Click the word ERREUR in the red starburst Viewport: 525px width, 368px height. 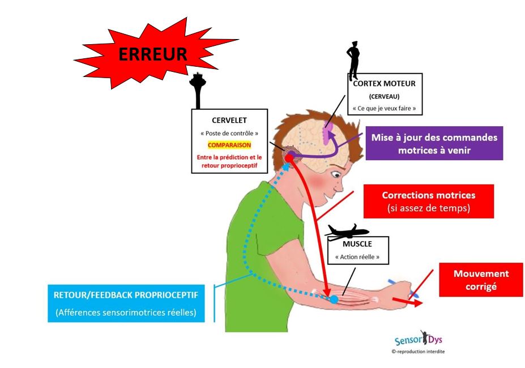click(152, 54)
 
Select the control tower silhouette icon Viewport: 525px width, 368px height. click(197, 91)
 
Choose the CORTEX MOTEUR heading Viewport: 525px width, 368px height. click(384, 83)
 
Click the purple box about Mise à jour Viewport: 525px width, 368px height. click(434, 143)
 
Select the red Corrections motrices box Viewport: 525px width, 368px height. click(428, 201)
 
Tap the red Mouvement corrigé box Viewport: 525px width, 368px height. click(481, 279)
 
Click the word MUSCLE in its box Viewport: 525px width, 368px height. click(357, 244)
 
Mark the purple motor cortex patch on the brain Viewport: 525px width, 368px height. click(327, 132)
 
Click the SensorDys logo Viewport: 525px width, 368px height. click(418, 340)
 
